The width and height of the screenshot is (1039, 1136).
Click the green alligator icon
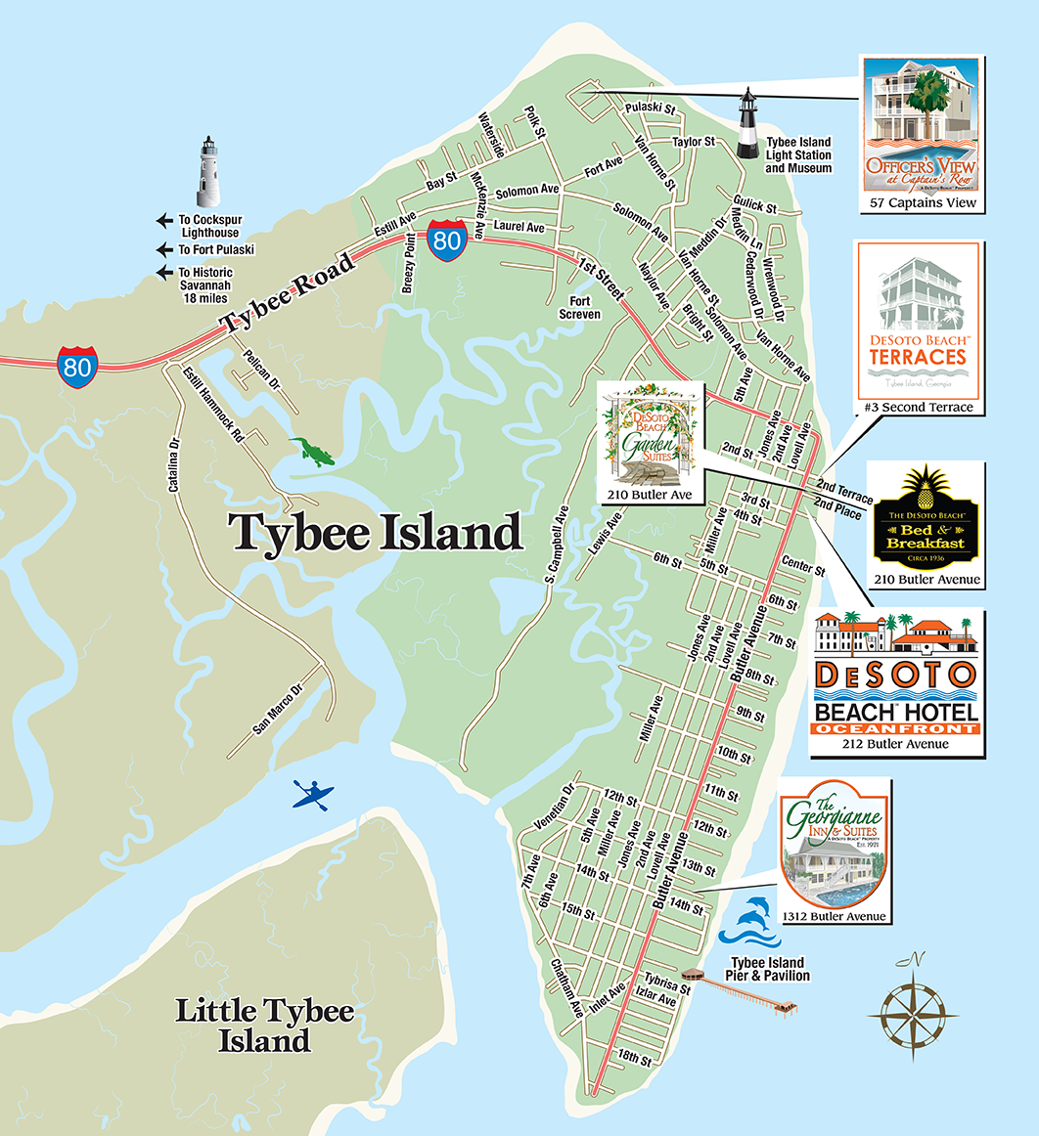click(312, 451)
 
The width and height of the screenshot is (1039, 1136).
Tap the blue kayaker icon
click(313, 795)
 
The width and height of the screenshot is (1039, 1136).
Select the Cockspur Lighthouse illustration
click(207, 169)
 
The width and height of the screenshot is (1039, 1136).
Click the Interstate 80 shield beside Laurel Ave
click(445, 240)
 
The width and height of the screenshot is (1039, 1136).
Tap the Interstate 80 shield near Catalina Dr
click(77, 366)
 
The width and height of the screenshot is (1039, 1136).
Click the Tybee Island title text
click(375, 534)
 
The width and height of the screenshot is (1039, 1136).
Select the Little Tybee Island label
click(264, 1026)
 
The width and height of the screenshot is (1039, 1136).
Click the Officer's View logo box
click(922, 134)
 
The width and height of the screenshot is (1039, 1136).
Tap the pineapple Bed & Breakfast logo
click(926, 524)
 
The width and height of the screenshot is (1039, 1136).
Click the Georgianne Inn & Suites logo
click(835, 851)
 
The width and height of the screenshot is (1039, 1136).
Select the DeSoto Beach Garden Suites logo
click(651, 442)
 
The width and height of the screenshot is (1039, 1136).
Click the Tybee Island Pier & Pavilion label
click(767, 970)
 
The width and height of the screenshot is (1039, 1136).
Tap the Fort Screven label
click(579, 308)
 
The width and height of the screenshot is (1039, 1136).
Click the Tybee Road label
click(285, 294)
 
